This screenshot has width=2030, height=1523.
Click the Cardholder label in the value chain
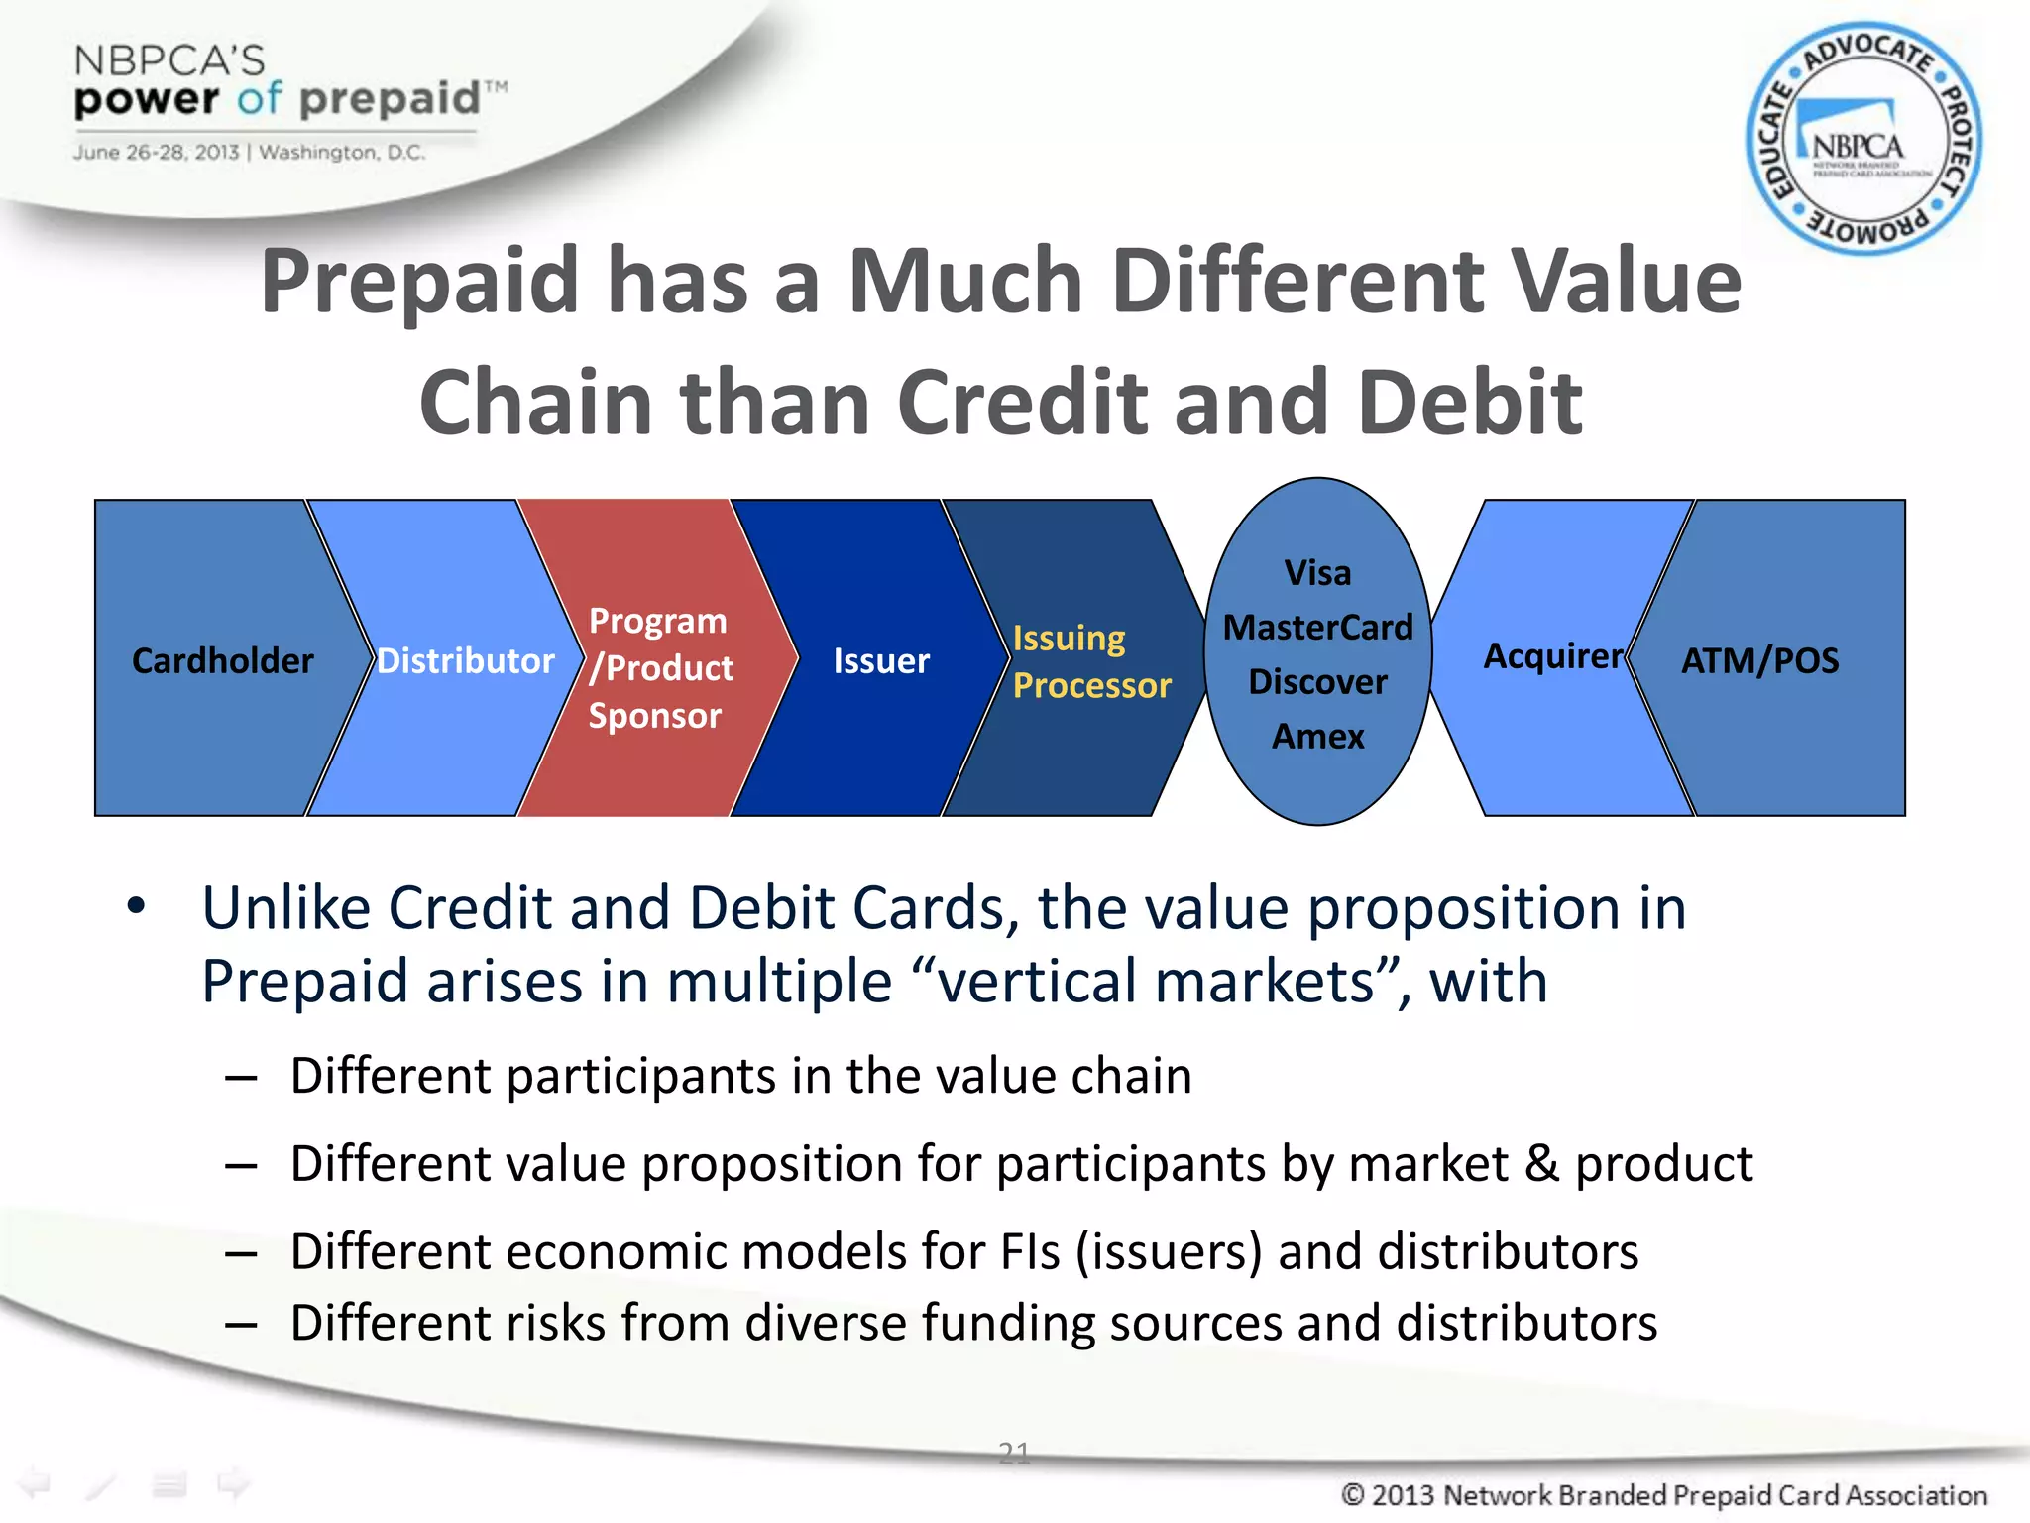pos(222,660)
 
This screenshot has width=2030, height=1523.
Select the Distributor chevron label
pos(465,660)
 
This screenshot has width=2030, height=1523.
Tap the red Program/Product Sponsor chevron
pos(659,667)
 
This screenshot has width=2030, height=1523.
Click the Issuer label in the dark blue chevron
pos(880,660)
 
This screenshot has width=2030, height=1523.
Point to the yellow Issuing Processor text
pos(1090,661)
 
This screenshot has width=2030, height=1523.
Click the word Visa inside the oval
pos(1317,573)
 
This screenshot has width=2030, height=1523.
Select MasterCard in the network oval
pos(1317,628)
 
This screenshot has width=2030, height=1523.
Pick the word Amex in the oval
pos(1317,737)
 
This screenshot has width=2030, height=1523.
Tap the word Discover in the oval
pos(1317,682)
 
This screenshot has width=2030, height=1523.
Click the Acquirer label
pos(1552,656)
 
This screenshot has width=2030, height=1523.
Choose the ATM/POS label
pos(1759,660)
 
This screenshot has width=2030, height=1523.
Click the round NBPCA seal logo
pos(1863,139)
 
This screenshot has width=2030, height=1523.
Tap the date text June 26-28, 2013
pos(156,153)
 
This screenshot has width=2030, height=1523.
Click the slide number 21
pos(1014,1453)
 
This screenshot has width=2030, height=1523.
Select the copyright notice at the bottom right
pos(1663,1494)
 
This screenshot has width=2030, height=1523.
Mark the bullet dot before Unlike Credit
pos(136,905)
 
